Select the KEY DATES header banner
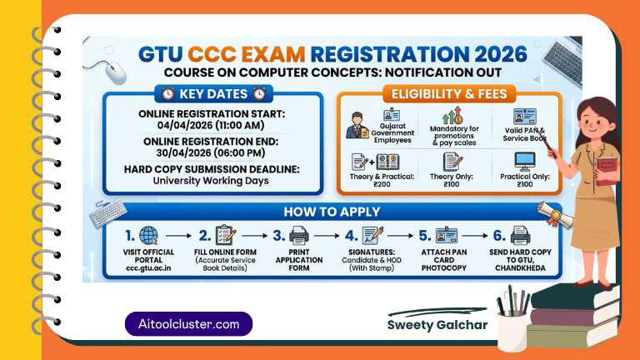click(x=212, y=93)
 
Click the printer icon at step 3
click(x=300, y=236)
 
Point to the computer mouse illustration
click(x=115, y=71)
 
